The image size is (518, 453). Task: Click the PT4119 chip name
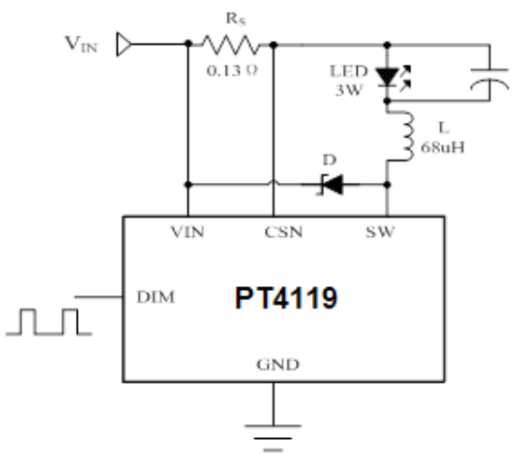click(x=286, y=297)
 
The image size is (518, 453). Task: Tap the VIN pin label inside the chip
click(x=187, y=232)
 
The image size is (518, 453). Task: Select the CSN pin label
click(x=284, y=232)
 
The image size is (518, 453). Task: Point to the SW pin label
click(x=380, y=232)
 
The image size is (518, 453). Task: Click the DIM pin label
click(x=155, y=297)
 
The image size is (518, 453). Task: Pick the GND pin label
click(x=278, y=365)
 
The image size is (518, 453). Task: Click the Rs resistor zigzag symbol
click(x=230, y=45)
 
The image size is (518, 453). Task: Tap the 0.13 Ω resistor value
click(x=232, y=70)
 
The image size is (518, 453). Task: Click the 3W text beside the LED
click(x=349, y=90)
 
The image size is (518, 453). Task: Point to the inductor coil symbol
click(x=405, y=136)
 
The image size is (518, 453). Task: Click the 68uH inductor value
click(x=443, y=147)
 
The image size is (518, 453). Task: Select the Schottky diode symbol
click(x=331, y=185)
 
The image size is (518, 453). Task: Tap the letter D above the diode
click(x=330, y=160)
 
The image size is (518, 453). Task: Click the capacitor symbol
click(x=490, y=80)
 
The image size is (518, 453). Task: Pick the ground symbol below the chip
click(x=274, y=437)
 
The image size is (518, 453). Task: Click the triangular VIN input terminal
click(x=124, y=44)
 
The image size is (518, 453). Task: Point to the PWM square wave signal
click(x=49, y=322)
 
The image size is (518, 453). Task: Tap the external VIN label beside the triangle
click(x=81, y=44)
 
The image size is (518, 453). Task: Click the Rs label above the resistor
click(x=236, y=19)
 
